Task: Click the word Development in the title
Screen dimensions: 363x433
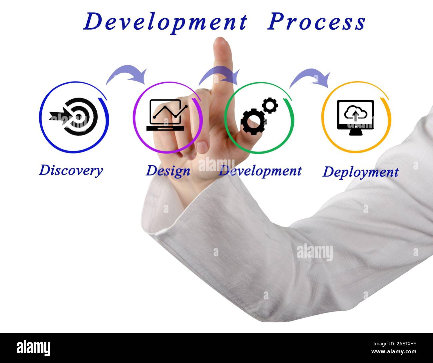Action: click(165, 22)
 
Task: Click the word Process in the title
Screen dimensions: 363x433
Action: click(316, 22)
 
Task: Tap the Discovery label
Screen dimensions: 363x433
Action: click(71, 170)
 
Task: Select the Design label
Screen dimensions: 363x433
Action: click(168, 171)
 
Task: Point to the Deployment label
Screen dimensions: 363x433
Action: click(360, 172)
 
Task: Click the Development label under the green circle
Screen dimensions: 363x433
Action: click(260, 171)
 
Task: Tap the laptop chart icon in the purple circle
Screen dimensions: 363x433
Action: click(166, 115)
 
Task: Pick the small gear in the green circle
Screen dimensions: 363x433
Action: click(270, 105)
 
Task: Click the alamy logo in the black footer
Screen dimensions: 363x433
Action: click(34, 348)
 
